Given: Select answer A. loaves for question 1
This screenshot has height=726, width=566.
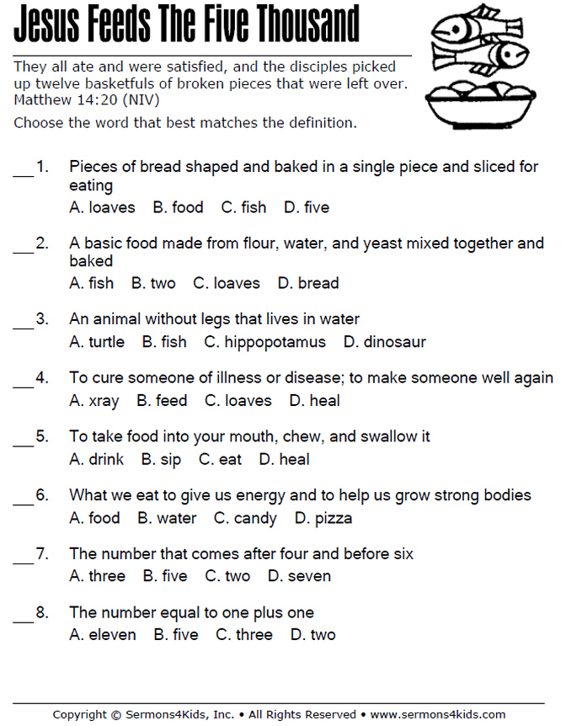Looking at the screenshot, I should (x=102, y=207).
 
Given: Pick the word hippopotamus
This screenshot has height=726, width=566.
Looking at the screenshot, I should (x=275, y=342).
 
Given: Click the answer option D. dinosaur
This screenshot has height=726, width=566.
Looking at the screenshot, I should (x=385, y=342).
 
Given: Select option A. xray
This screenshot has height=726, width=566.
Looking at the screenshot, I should (x=93, y=401).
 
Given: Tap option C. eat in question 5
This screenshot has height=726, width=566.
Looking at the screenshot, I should (x=220, y=459).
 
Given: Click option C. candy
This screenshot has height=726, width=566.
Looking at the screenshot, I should (x=245, y=518).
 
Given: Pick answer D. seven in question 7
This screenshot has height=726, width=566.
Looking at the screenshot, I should (x=299, y=576).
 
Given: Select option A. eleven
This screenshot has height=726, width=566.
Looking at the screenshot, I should (x=102, y=635).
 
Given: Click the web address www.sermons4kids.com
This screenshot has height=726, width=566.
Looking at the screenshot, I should (x=438, y=715).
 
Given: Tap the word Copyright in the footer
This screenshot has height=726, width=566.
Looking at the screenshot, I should (x=80, y=715).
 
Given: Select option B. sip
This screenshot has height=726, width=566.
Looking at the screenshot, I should (x=161, y=459).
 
